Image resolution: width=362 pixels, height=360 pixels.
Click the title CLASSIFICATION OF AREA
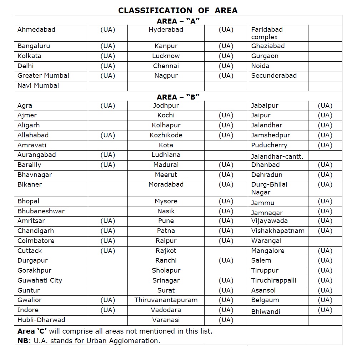[x=178, y=10]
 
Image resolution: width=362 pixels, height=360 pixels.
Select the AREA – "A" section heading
[x=178, y=21]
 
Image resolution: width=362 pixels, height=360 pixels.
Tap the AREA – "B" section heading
[x=178, y=97]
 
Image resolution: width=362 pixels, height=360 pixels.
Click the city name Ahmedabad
[x=36, y=30]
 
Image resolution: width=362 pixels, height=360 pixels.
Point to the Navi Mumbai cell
[x=38, y=86]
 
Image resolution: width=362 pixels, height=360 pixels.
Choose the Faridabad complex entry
[x=267, y=33]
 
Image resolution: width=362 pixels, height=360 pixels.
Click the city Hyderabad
[x=166, y=30]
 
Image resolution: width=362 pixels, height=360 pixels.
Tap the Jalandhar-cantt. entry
[x=277, y=157]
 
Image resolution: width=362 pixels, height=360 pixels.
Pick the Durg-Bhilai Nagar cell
[x=269, y=188]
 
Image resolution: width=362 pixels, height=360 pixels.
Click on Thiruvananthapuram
[x=166, y=300]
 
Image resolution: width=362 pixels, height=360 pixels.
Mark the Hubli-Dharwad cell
[x=41, y=320]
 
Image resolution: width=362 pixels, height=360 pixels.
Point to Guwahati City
[x=40, y=280]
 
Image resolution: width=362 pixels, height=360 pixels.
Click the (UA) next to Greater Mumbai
[x=108, y=76]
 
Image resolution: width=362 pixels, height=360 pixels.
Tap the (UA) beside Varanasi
[x=226, y=320]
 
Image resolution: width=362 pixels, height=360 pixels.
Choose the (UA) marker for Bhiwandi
[x=325, y=310]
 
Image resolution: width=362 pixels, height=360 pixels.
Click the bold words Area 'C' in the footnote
[x=32, y=331]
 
